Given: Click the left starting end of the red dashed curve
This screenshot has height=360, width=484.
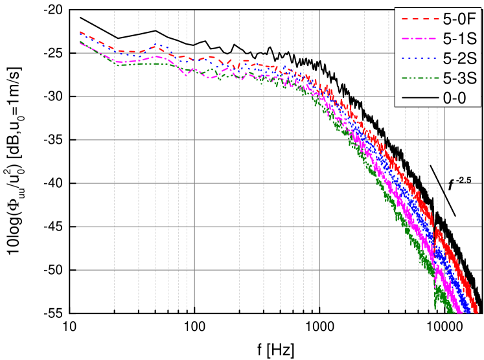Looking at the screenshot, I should click(80, 31).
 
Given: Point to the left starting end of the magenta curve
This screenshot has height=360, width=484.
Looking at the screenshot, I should click(80, 42).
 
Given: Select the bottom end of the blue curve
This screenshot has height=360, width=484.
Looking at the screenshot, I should click(468, 313).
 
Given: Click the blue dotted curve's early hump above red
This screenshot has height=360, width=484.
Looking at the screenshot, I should click(157, 45).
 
